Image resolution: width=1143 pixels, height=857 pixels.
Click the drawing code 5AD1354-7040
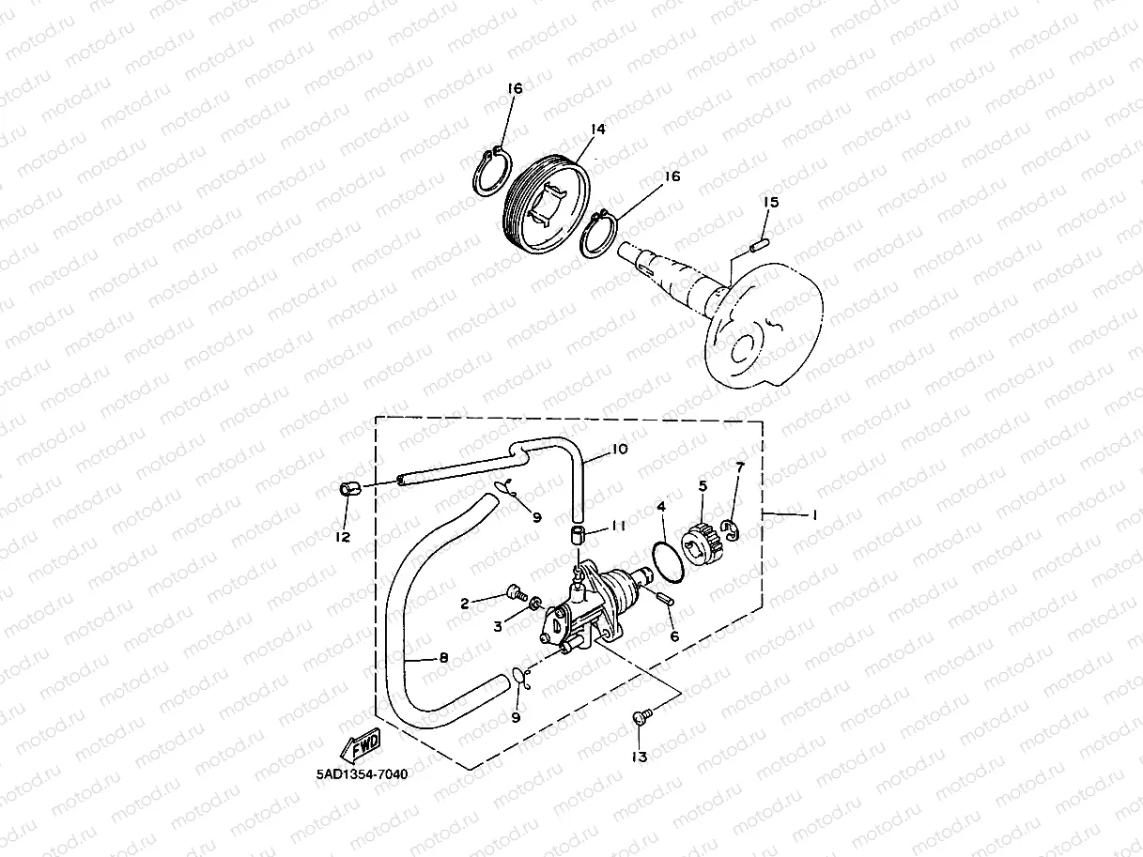[x=363, y=774]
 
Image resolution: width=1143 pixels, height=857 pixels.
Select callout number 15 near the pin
[x=771, y=202]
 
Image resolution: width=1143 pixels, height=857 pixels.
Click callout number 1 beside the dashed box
[x=814, y=514]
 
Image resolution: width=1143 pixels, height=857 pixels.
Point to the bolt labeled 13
[x=641, y=717]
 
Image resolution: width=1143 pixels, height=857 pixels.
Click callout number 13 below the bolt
[x=640, y=757]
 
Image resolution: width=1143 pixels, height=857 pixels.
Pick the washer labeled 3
[x=535, y=602]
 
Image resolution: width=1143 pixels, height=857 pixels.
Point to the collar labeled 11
[x=579, y=537]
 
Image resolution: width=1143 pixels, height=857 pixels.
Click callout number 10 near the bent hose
[x=618, y=450]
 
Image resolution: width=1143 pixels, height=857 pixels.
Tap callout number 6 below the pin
[x=673, y=635]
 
